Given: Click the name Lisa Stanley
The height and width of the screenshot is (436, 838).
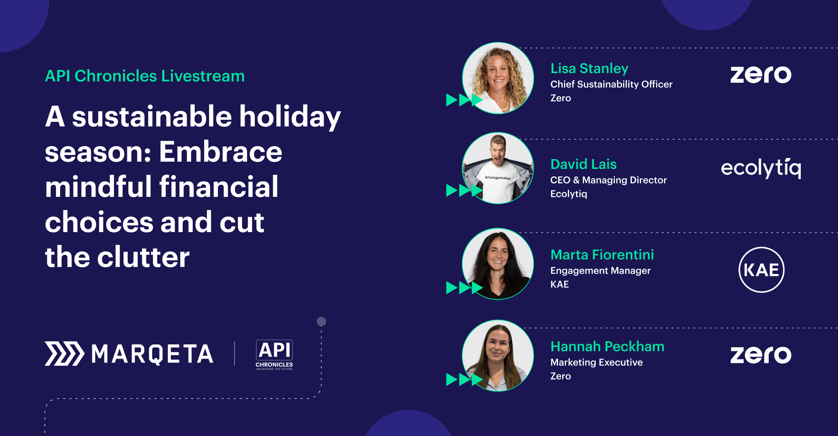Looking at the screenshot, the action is tap(589, 69).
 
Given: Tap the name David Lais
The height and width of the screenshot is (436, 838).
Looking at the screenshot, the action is tap(584, 164).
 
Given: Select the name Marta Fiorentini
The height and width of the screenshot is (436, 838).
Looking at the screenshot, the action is tap(602, 255).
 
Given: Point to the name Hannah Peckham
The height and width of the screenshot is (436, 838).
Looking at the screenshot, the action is tap(607, 346).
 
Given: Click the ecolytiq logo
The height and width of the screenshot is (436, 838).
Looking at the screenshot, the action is tap(761, 168).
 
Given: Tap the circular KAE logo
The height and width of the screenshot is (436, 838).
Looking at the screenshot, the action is tap(762, 270).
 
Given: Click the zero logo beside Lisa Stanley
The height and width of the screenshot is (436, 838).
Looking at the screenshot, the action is tap(761, 74).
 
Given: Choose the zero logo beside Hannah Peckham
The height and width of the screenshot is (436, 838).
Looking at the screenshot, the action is tap(761, 355).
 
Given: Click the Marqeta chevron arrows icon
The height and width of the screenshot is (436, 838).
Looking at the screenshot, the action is tap(65, 353).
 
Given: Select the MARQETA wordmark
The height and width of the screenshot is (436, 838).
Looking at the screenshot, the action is tap(153, 354).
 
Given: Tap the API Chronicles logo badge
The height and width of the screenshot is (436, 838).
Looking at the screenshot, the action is tap(274, 355).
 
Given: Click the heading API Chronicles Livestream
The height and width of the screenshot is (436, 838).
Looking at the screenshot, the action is tap(145, 76).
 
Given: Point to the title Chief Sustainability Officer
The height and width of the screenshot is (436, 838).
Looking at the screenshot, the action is tap(611, 84).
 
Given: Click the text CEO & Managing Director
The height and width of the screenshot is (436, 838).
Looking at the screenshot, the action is tap(608, 180).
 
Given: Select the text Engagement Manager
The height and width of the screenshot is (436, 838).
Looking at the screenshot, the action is tap(600, 271).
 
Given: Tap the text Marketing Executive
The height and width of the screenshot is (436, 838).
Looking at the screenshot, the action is tap(597, 362).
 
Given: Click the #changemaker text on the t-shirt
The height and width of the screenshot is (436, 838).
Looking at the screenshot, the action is tap(498, 178).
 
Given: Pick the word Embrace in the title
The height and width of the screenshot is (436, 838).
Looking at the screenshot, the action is tap(221, 152).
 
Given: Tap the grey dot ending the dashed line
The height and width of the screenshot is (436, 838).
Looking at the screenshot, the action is tap(321, 322).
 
